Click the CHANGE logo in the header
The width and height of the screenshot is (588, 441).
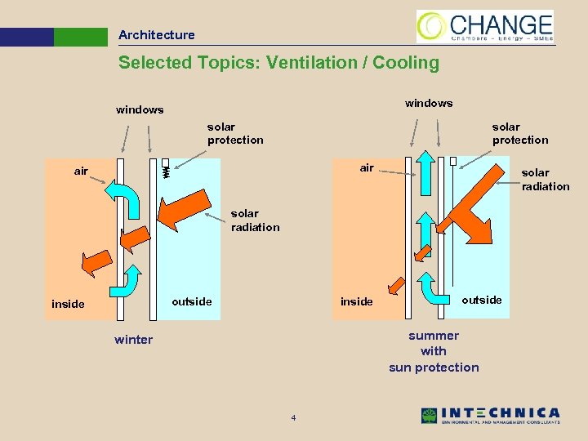485,26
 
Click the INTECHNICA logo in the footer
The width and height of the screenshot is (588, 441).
490,416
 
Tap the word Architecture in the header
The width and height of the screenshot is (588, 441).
156,35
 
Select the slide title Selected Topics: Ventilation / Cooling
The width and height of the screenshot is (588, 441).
278,63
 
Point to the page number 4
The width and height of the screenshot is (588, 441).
293,419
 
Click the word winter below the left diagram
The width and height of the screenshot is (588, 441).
133,340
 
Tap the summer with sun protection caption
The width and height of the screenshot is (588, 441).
434,351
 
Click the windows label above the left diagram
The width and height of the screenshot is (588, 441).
140,109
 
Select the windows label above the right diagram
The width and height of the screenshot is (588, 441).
429,103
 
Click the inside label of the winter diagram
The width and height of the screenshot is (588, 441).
68,304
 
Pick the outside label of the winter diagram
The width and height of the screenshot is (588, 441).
192,301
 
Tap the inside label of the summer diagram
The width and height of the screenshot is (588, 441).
356,302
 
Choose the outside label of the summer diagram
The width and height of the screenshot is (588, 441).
482,300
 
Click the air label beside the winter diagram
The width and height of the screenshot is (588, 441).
81,171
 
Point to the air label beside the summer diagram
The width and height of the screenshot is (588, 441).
367,168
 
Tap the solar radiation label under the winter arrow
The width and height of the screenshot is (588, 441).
255,220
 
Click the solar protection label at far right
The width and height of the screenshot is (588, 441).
520,133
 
